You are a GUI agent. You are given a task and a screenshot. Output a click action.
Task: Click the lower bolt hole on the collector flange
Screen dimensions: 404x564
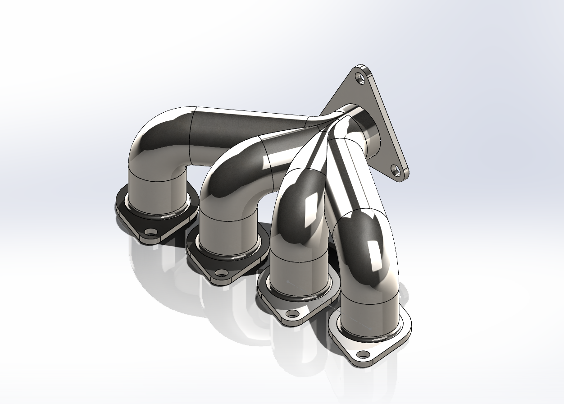click(396, 170)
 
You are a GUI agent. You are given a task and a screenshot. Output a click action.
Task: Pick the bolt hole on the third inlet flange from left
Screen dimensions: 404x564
click(293, 313)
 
